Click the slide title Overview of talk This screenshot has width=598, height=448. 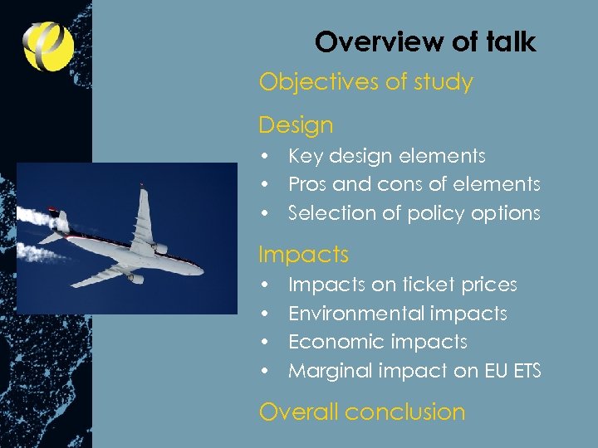pyautogui.click(x=425, y=41)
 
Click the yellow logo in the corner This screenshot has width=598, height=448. pyautogui.click(x=48, y=46)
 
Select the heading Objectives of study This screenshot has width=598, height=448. pyautogui.click(x=365, y=82)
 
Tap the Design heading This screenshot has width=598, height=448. pyautogui.click(x=296, y=125)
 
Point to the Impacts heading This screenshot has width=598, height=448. pyautogui.click(x=303, y=254)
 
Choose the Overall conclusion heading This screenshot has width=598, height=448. pyautogui.click(x=361, y=411)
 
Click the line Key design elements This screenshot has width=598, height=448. pyautogui.click(x=386, y=156)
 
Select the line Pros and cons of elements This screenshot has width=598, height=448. pyautogui.click(x=414, y=184)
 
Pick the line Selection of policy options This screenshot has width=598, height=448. pyautogui.click(x=414, y=213)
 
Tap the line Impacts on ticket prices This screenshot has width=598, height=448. pyautogui.click(x=402, y=285)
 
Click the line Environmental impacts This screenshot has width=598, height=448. pyautogui.click(x=397, y=314)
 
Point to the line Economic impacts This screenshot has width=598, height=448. pyautogui.click(x=377, y=342)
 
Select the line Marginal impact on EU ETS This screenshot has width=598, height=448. pyautogui.click(x=414, y=371)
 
